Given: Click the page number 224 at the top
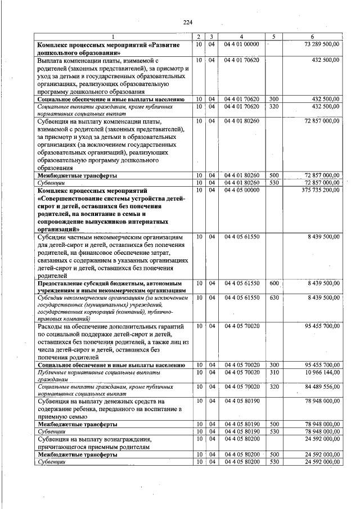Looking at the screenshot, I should [187, 22].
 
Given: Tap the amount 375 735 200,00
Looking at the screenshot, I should [319, 191].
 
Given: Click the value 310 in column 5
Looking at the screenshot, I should [274, 372].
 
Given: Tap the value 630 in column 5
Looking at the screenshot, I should [274, 297].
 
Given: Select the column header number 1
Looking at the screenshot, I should [112, 37].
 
